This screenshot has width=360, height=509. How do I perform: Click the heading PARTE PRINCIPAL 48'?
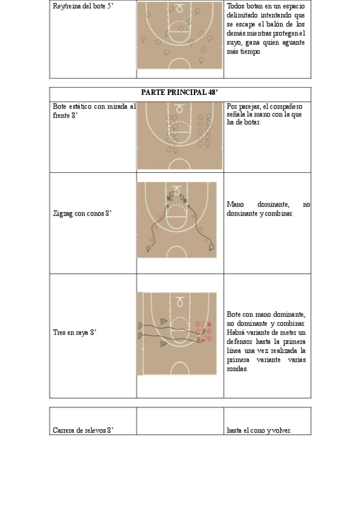pyautogui.click(x=180, y=94)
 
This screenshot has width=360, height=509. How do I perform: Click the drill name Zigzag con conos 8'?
pyautogui.click(x=82, y=213)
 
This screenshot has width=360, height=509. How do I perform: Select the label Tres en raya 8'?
pyautogui.click(x=74, y=331)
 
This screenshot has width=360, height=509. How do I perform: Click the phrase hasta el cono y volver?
pyautogui.click(x=259, y=430)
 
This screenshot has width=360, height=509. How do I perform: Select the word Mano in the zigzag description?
pyautogui.click(x=235, y=205)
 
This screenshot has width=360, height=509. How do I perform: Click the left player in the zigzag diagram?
pyautogui.click(x=149, y=247)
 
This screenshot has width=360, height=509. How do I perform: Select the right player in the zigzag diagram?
pyautogui.click(x=211, y=247)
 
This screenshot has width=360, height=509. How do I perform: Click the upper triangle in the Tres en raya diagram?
pyautogui.click(x=163, y=321)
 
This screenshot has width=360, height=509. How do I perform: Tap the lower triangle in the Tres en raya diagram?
pyautogui.click(x=163, y=345)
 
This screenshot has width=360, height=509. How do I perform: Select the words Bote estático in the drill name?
pyautogui.click(x=70, y=106)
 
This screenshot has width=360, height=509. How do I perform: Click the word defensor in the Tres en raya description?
pyautogui.click(x=244, y=341)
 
